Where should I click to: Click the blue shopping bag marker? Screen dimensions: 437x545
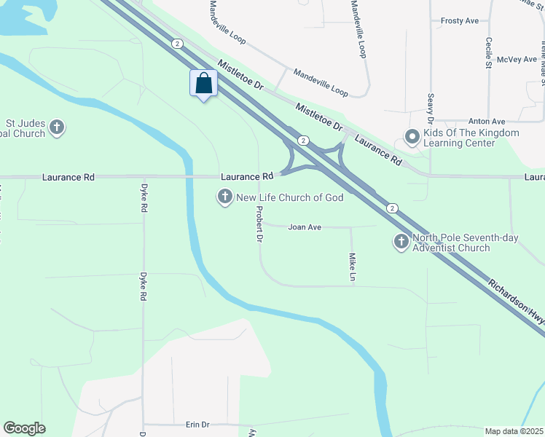click(204, 84)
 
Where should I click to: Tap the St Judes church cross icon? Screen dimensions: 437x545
click(57, 128)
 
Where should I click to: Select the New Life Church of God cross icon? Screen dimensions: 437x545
click(224, 197)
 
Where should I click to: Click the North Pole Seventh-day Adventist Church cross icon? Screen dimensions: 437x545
click(401, 242)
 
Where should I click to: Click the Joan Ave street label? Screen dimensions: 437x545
click(305, 227)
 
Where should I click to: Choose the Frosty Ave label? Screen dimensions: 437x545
click(460, 21)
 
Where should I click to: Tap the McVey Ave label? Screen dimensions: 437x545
click(514, 60)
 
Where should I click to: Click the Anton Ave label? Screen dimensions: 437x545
click(487, 122)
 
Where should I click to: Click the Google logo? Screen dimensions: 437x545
click(24, 428)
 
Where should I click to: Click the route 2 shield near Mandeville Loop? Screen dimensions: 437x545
click(178, 44)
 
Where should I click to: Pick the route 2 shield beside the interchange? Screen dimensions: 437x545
click(304, 140)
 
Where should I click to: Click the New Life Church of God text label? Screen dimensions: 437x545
click(290, 197)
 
